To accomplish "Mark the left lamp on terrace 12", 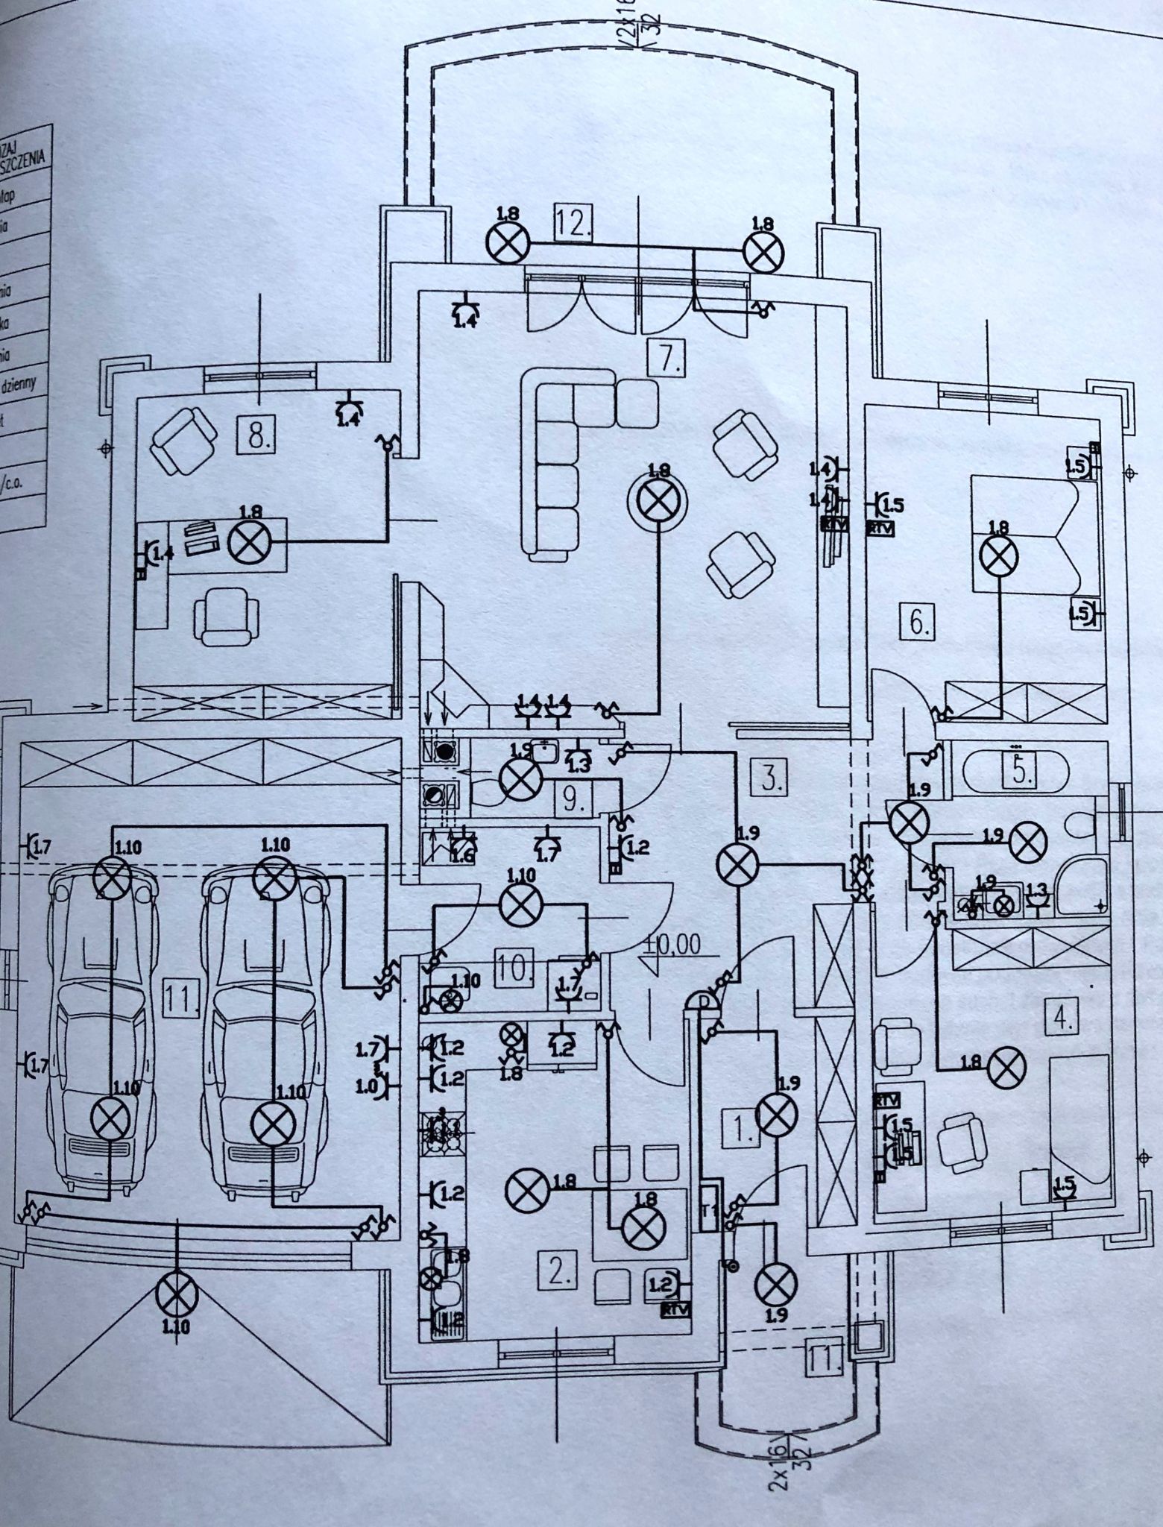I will tap(508, 242).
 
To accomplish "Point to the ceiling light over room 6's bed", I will tap(998, 555).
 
